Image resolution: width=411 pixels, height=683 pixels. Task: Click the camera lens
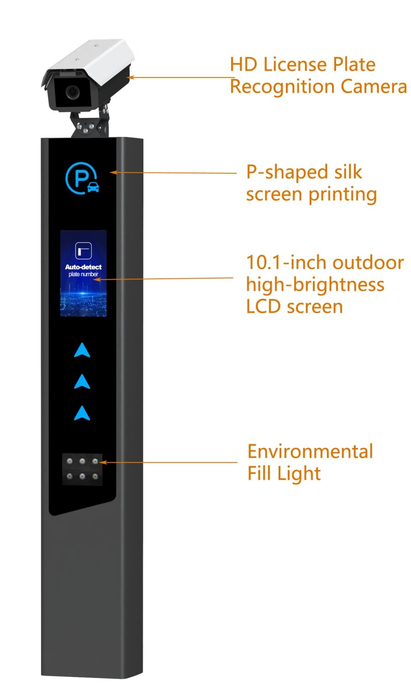point(72,91)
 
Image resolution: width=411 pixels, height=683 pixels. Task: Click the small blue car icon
point(93,187)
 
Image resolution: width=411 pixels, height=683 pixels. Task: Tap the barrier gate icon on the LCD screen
point(83,250)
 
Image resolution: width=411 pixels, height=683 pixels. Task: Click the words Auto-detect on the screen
point(83,267)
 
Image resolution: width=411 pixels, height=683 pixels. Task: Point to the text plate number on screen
point(83,274)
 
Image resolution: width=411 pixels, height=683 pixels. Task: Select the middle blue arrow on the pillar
point(82,382)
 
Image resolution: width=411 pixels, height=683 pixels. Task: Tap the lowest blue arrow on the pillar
point(82,413)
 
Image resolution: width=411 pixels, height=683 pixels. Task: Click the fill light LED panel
point(82,469)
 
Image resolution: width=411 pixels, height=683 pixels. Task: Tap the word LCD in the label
point(263,307)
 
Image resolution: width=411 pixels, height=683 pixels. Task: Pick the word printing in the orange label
point(342,195)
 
